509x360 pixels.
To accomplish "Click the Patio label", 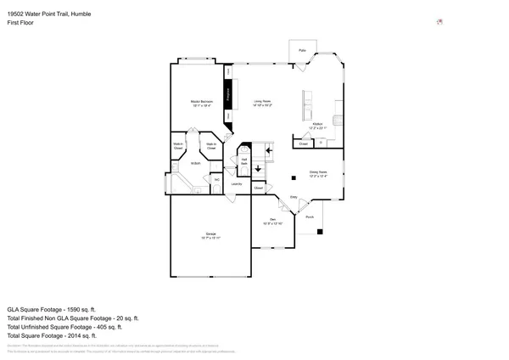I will [x=302, y=51].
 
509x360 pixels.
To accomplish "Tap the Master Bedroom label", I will [x=201, y=101].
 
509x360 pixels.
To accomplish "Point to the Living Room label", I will [x=261, y=101].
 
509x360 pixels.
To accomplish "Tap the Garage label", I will [x=210, y=233].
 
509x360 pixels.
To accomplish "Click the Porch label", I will [x=310, y=217].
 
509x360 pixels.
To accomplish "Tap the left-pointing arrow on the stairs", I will [x=269, y=151].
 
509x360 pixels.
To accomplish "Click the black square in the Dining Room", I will [x=293, y=177].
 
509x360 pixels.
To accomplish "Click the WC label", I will [x=217, y=179].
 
